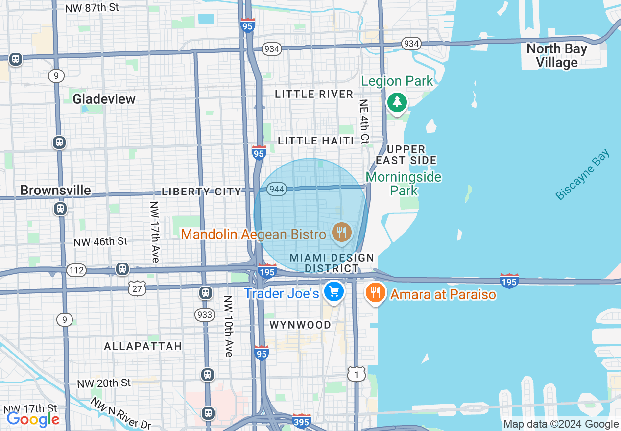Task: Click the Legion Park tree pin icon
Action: pos(397,103)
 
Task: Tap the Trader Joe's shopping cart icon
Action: pos(334,292)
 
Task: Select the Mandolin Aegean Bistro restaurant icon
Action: pos(341,232)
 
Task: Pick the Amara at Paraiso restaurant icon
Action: pos(375,293)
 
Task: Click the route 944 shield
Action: pos(277,189)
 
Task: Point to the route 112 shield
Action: pos(77,270)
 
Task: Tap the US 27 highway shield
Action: pos(137,289)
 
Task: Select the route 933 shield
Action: pos(204,314)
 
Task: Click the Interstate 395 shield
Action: pos(301,421)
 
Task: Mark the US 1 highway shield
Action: pos(357,374)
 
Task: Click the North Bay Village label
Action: pos(556,55)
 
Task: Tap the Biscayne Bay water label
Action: pos(583,175)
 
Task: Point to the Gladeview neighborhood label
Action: pos(104,99)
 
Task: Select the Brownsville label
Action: pos(55,190)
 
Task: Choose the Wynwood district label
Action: pos(300,325)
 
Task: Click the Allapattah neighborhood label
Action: pos(143,346)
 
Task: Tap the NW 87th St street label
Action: pos(92,8)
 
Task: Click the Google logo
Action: pos(33,419)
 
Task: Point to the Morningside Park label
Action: pos(404,183)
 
